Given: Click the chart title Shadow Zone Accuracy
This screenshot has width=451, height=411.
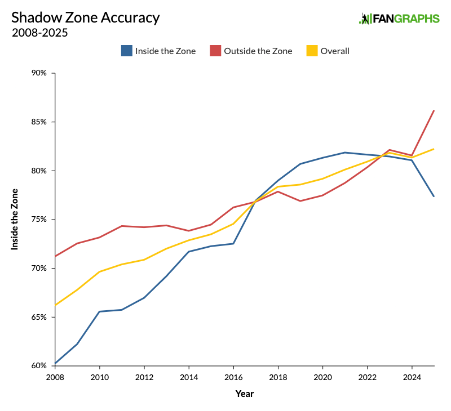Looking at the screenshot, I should [x=85, y=17].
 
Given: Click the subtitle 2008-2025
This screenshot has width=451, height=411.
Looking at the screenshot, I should [x=39, y=33].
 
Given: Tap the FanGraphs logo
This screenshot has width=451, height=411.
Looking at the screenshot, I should [x=399, y=19].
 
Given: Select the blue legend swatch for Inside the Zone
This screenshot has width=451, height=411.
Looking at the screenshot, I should [x=126, y=51].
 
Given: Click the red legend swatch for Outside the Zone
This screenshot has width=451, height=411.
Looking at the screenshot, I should [x=215, y=51].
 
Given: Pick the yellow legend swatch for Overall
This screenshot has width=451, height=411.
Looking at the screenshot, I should [x=312, y=51].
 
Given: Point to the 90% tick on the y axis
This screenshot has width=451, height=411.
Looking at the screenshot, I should [x=39, y=73].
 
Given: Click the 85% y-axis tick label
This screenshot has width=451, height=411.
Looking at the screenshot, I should [x=39, y=122].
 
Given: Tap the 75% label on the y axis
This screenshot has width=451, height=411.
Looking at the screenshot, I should [x=39, y=220].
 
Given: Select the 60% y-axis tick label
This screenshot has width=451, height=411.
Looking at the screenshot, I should [x=39, y=365].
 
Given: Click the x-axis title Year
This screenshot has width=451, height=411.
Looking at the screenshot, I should [x=244, y=394].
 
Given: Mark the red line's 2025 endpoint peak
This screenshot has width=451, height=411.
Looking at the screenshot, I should [x=434, y=110].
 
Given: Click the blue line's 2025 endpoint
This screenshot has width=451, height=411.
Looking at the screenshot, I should [x=434, y=196].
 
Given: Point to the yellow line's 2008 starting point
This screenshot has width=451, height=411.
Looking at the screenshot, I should [x=55, y=305].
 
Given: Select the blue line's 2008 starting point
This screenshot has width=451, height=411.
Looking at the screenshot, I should [x=55, y=363].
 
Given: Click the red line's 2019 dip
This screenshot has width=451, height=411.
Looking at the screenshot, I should [x=300, y=201].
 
